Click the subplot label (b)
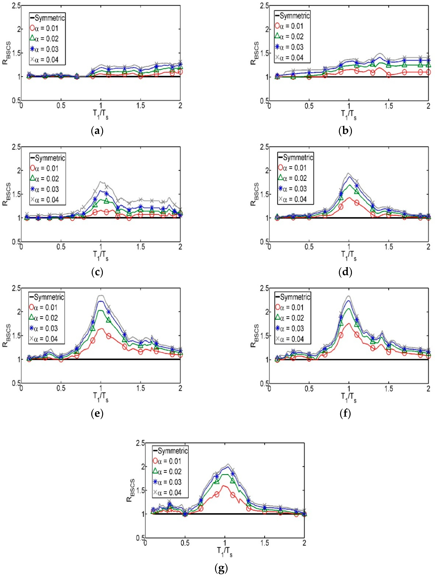[345, 131]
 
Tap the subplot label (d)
[345, 272]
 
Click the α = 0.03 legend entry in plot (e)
[44, 328]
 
